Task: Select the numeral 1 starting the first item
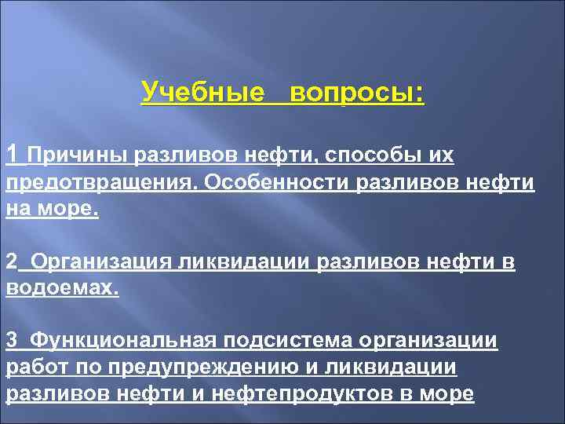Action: (x=12, y=154)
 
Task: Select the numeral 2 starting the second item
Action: (x=11, y=261)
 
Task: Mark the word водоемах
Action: (x=62, y=288)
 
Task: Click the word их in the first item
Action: (x=440, y=156)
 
